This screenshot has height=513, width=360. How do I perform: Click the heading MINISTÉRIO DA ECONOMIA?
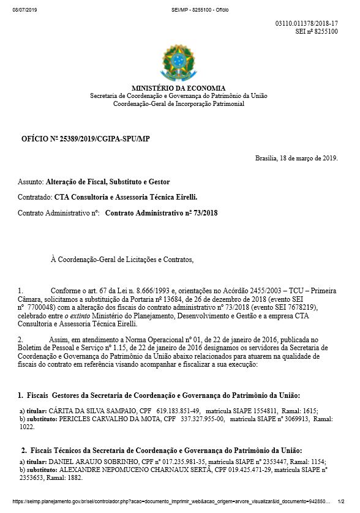[178, 88]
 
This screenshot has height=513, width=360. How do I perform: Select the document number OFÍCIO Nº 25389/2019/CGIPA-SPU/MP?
[85, 140]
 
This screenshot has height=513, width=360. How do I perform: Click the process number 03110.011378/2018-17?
[307, 23]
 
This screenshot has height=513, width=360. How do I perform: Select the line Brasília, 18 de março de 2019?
[296, 158]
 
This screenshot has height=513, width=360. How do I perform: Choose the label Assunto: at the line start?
[31, 182]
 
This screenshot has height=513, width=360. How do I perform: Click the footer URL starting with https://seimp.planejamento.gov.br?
[171, 500]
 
